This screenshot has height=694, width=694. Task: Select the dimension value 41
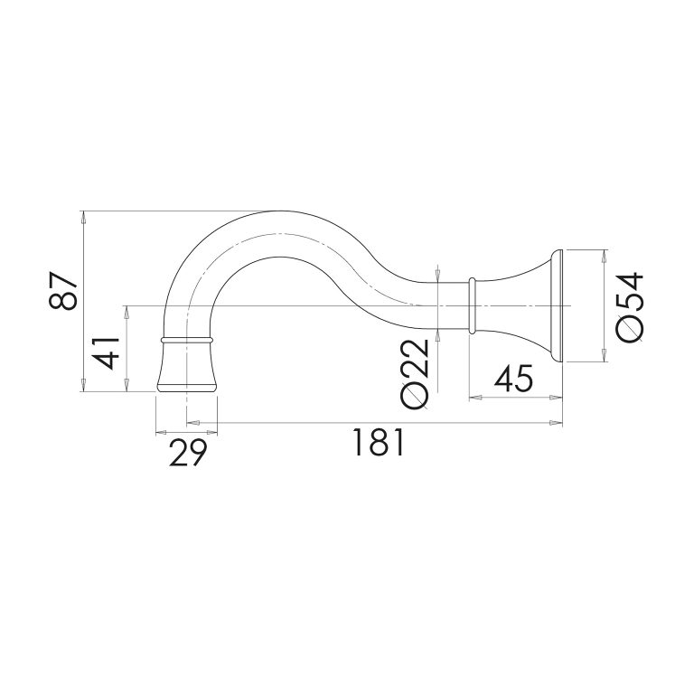[108, 348]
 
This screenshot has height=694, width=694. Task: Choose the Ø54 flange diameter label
[629, 305]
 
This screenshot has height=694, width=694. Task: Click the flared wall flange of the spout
[549, 305]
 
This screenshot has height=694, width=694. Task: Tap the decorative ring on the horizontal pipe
[471, 305]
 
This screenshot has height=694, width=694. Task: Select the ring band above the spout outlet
[187, 341]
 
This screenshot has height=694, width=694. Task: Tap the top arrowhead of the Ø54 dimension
[603, 252]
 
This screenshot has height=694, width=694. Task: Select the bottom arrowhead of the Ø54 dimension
[603, 358]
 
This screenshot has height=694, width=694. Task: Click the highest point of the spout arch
[273, 213]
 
